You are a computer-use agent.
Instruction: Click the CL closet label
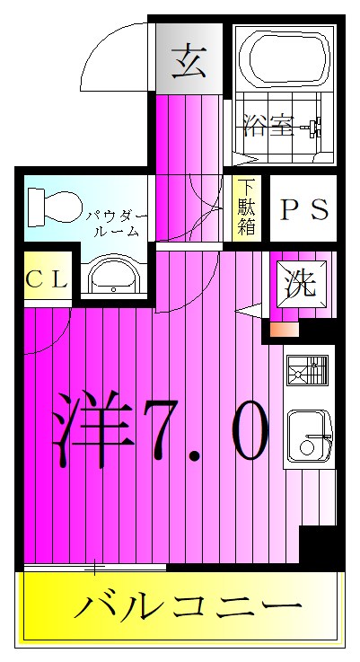pyautogui.click(x=46, y=279)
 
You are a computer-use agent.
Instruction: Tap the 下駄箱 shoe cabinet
pyautogui.click(x=246, y=207)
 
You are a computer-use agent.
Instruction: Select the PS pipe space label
pyautogui.click(x=304, y=209)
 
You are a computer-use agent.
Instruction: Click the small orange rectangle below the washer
pyautogui.click(x=284, y=329)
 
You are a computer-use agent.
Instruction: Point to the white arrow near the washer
pyautogui.click(x=251, y=311)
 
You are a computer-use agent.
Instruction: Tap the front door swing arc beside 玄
pyautogui.click(x=112, y=54)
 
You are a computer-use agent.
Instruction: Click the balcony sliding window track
pyautogui.click(x=95, y=568)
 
